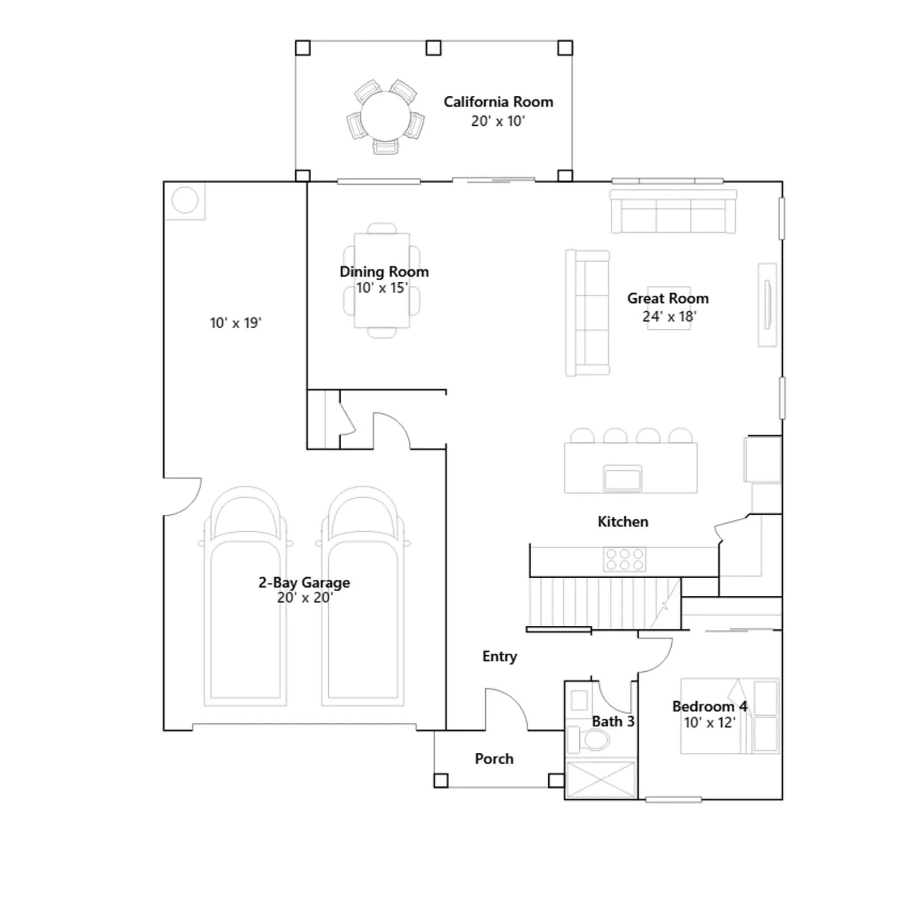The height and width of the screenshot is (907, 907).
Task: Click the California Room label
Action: click(x=498, y=102)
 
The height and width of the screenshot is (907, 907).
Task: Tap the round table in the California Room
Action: click(x=386, y=117)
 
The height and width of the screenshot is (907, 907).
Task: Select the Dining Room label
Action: click(x=384, y=272)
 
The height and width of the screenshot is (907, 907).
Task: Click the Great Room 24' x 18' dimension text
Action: click(x=669, y=316)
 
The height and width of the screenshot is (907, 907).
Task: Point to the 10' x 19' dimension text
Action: click(x=235, y=323)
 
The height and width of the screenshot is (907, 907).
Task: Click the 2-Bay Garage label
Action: click(x=304, y=582)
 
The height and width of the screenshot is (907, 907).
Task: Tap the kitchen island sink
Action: click(x=622, y=477)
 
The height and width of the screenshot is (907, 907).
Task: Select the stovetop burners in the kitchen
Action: click(x=624, y=558)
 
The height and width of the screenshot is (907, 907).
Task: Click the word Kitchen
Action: click(x=622, y=522)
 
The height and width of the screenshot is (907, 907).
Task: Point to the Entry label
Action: click(x=499, y=656)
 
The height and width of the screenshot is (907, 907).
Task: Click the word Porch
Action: click(x=494, y=758)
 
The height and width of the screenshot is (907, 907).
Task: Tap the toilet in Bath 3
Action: click(x=588, y=739)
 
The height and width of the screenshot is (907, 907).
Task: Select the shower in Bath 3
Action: click(x=601, y=779)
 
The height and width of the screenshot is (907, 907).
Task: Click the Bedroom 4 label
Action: click(x=709, y=706)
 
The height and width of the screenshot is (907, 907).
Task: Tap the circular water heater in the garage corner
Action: click(x=185, y=200)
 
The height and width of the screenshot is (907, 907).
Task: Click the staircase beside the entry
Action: click(x=604, y=603)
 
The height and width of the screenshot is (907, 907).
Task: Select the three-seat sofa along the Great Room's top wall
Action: click(x=673, y=211)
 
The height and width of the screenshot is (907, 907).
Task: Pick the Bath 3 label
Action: click(x=613, y=721)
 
